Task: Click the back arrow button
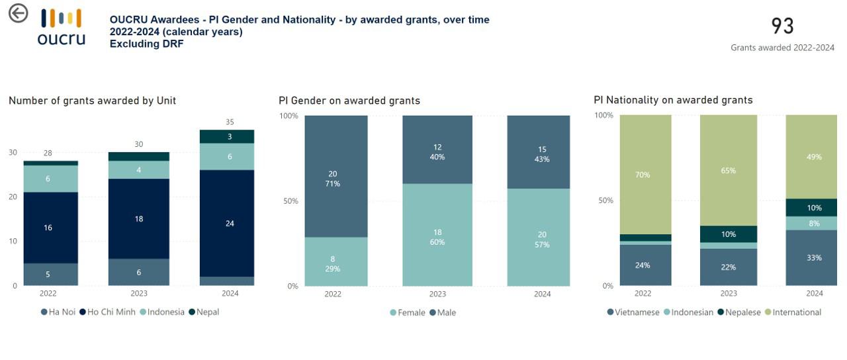(x=18, y=13)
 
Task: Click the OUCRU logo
(x=61, y=27)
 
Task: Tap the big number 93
(x=782, y=26)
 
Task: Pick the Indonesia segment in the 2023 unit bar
(x=138, y=170)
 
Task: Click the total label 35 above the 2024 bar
(x=229, y=122)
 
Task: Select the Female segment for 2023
(x=437, y=237)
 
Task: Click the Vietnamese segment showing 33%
(x=813, y=257)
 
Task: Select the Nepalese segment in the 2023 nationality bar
(x=728, y=234)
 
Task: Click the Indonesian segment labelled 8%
(x=813, y=224)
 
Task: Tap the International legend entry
(x=797, y=312)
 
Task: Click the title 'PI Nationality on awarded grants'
(x=673, y=100)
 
